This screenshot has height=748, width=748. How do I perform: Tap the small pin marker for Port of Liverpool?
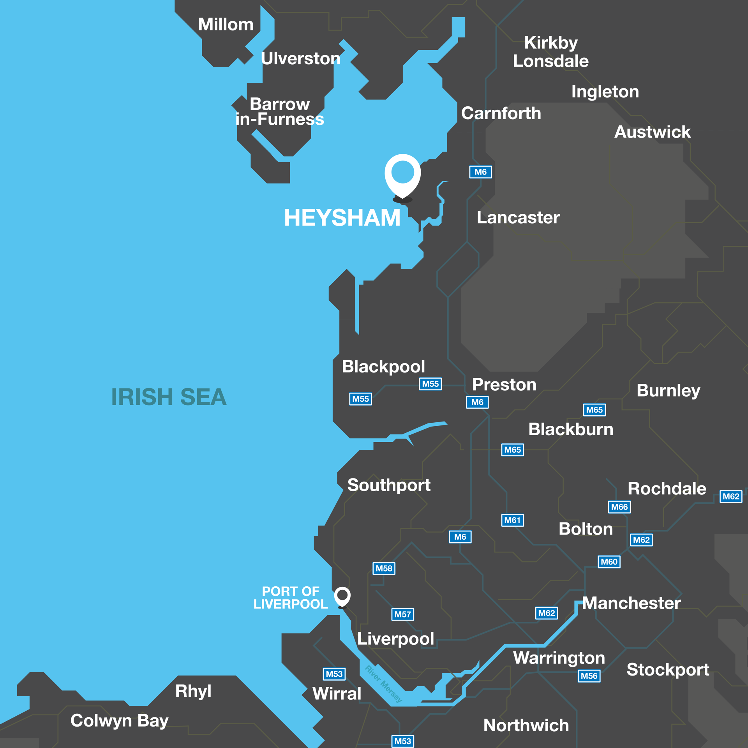coord(342,596)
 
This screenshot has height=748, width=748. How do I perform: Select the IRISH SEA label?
coord(169,397)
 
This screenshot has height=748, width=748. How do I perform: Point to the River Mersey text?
coord(383,684)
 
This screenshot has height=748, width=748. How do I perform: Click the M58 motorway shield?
coord(384,568)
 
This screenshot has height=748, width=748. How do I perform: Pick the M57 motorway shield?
coord(402,614)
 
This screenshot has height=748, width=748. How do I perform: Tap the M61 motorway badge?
coord(512,520)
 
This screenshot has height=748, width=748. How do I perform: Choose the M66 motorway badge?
coord(619,507)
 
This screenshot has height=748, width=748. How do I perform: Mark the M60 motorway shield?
coord(609,562)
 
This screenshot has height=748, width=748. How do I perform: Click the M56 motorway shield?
coord(589,676)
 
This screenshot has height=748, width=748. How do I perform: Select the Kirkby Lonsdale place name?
coord(550,52)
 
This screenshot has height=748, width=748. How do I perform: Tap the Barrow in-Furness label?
coord(280,112)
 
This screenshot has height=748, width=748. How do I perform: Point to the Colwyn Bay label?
coord(119,720)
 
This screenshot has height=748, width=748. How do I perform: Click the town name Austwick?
coord(652,132)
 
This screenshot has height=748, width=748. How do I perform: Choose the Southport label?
coord(389,485)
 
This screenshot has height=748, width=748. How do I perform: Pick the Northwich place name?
coord(526,725)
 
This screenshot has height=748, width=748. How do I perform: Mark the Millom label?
coord(226,25)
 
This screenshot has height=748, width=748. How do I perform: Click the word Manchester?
coord(631,603)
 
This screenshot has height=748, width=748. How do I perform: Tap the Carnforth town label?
coord(501,113)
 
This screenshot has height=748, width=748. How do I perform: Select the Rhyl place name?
coord(193,691)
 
